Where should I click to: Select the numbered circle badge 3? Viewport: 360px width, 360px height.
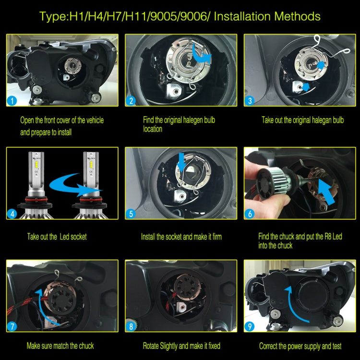pyautogui.click(x=250, y=101)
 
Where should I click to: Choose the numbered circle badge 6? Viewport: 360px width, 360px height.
pyautogui.click(x=250, y=214)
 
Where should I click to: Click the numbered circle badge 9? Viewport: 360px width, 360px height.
pyautogui.click(x=250, y=327)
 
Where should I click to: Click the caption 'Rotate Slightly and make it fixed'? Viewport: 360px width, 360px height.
pyautogui.click(x=181, y=346)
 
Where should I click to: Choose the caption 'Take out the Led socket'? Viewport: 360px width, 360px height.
pyautogui.click(x=57, y=236)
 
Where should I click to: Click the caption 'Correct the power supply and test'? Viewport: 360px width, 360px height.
pyautogui.click(x=300, y=346)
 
